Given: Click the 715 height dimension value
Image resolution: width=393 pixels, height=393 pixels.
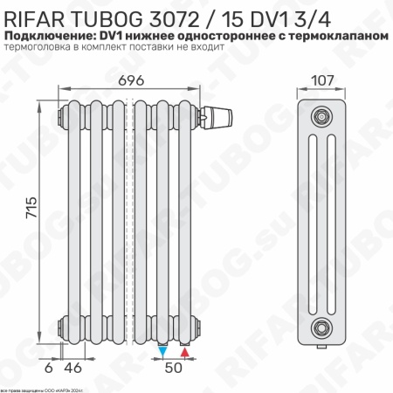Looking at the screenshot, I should point(32,210).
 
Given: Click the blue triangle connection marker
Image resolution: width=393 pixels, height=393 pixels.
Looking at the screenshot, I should point(163,350).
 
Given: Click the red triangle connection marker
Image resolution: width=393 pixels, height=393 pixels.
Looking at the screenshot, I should point(184,350).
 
